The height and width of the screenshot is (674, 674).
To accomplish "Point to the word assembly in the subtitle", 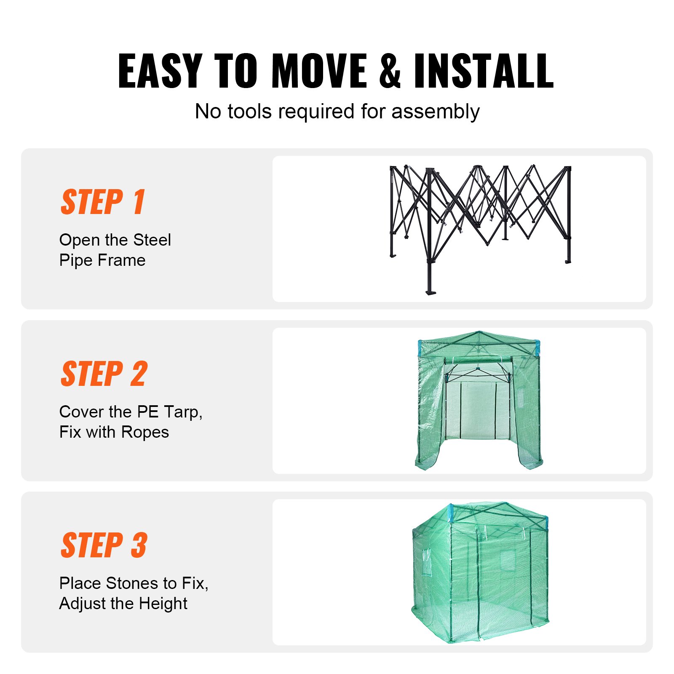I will [x=436, y=112].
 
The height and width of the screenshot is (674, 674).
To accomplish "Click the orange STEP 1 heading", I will [x=103, y=202].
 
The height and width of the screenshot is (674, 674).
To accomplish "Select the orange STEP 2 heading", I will [x=104, y=374].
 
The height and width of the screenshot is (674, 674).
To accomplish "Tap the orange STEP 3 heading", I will [x=104, y=545].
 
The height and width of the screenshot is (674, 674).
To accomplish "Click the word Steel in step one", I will [x=152, y=240].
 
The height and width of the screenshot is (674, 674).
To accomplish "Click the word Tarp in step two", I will [x=183, y=412].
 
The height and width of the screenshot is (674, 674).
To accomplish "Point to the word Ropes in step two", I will [x=145, y=432].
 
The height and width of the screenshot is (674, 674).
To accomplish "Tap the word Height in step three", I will [x=163, y=604].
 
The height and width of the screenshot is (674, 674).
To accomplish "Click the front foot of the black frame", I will [x=431, y=292].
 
